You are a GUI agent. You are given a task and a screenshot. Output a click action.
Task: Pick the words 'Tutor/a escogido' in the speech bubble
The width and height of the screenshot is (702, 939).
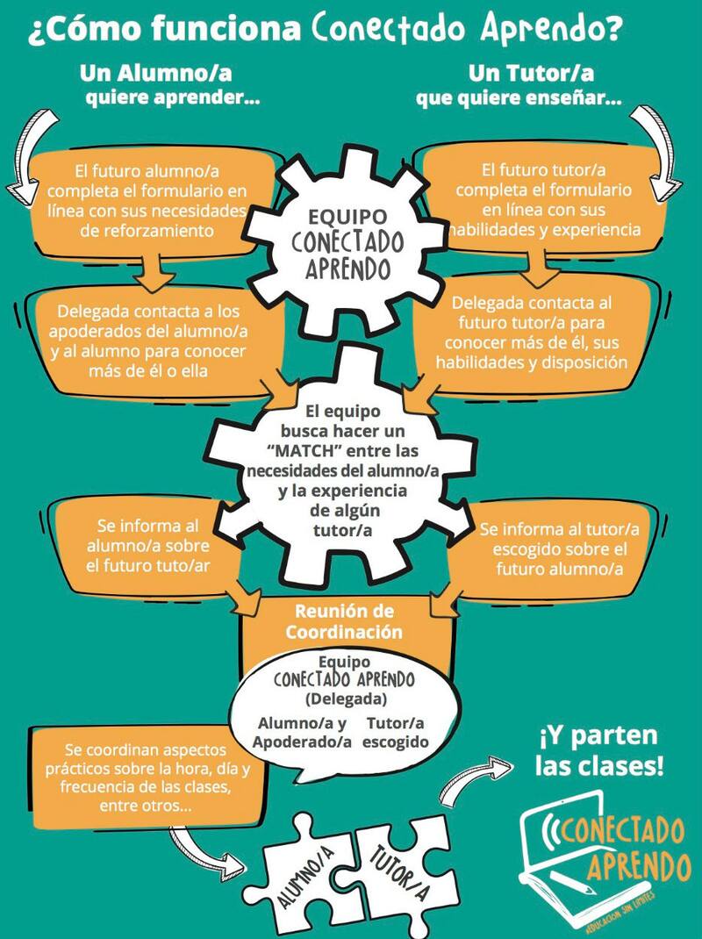tap(396, 732)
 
